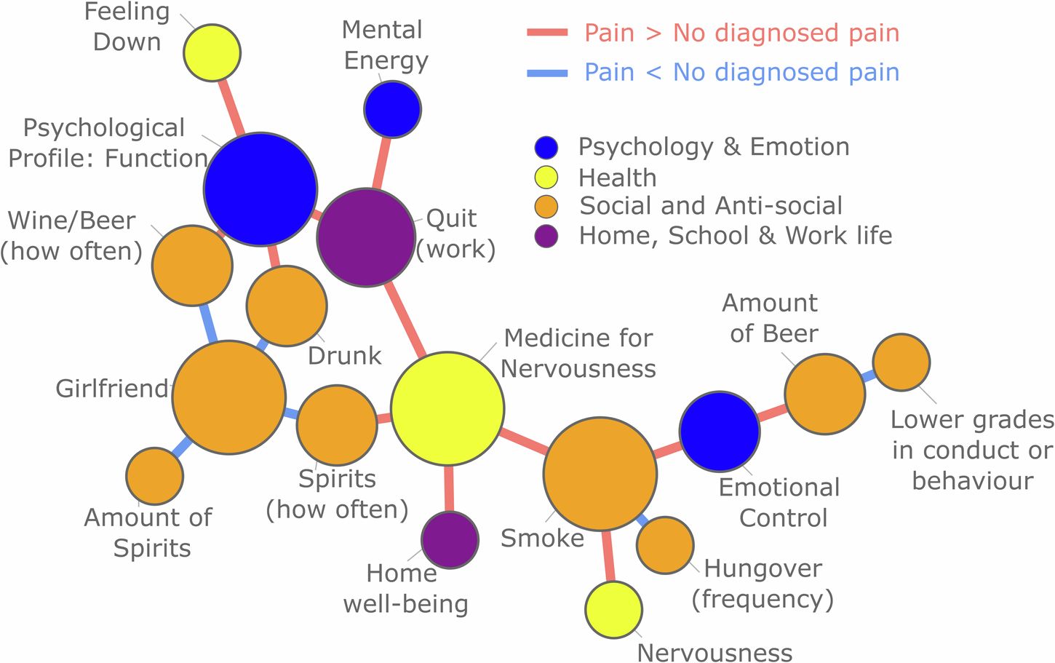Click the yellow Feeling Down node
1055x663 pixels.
point(212,52)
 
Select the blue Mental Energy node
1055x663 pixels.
point(392,109)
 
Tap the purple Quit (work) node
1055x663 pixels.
point(366,237)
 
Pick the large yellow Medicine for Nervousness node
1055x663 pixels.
point(447,408)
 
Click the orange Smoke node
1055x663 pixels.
point(600,474)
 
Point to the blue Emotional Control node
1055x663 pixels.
point(720,432)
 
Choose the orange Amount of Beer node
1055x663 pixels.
point(824,394)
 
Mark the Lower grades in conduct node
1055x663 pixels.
point(901,362)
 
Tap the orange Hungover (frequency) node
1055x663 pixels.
point(665,545)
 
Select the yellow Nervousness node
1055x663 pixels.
point(613,610)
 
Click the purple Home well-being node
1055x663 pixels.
point(450,540)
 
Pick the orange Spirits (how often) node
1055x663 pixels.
point(337,426)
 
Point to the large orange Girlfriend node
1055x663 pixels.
point(228,397)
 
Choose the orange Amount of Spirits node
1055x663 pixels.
point(154,476)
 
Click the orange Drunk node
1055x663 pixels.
point(287,306)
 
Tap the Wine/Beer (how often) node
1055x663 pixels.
point(192,265)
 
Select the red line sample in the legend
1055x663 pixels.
point(547,32)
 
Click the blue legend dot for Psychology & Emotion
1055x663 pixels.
point(546,147)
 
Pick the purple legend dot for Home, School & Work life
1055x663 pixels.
point(546,236)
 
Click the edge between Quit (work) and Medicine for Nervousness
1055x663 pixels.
point(406,319)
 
